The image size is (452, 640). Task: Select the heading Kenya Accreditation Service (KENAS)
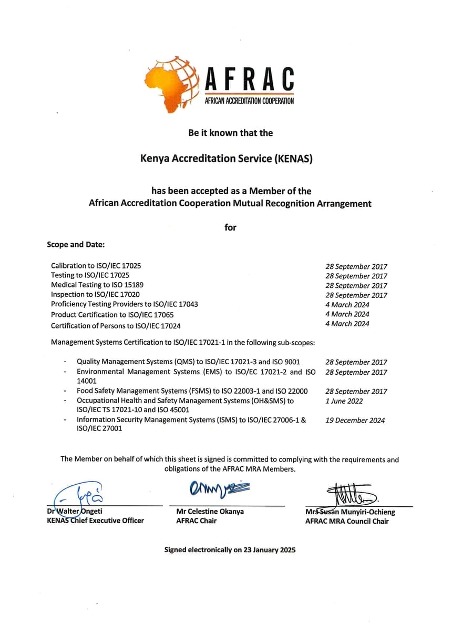pyautogui.click(x=226, y=158)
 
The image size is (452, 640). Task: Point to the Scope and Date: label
pyautogui.click(x=76, y=245)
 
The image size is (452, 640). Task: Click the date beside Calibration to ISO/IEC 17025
pyautogui.click(x=356, y=267)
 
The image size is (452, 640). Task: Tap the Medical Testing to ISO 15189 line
pyautogui.click(x=97, y=285)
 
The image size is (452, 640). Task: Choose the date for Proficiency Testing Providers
pyautogui.click(x=347, y=305)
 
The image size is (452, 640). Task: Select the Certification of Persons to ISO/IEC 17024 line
pyautogui.click(x=116, y=326)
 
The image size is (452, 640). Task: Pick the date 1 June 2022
pyautogui.click(x=344, y=401)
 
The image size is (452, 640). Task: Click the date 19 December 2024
pyautogui.click(x=355, y=421)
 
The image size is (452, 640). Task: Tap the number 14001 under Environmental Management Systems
pyautogui.click(x=87, y=381)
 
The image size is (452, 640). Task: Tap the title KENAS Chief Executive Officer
pyautogui.click(x=95, y=521)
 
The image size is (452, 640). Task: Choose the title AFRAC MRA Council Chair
pyautogui.click(x=347, y=522)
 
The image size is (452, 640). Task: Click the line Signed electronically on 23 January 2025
pyautogui.click(x=230, y=550)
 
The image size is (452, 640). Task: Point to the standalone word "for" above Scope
pyautogui.click(x=230, y=227)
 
